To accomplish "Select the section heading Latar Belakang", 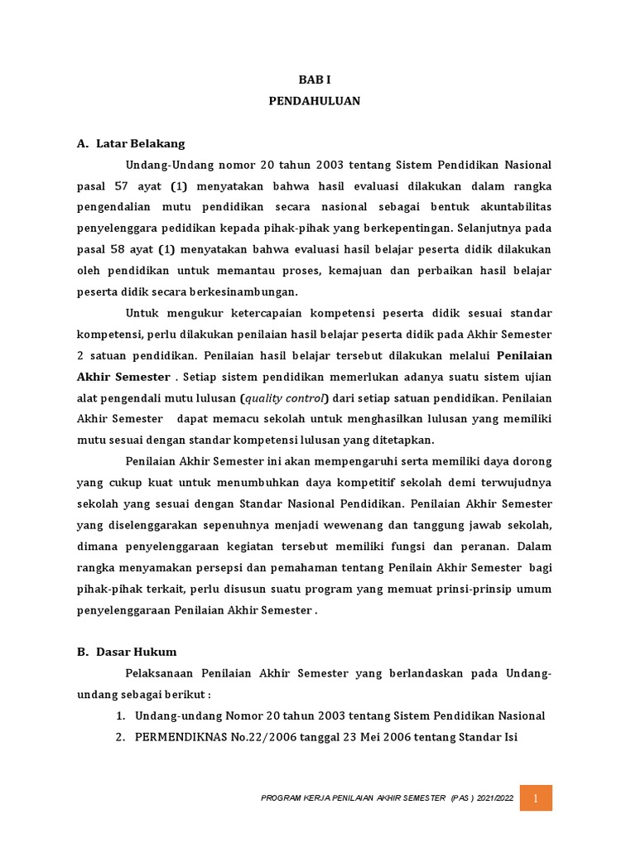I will pos(140,143).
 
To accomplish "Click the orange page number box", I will pos(536,797).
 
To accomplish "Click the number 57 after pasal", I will pos(120,186).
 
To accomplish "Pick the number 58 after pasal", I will pos(120,249).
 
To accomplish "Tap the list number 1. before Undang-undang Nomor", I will pos(120,715).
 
